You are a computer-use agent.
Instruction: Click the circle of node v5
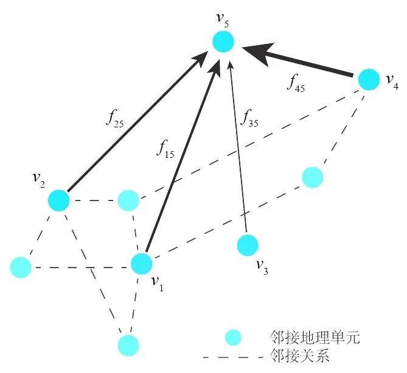tap(223, 42)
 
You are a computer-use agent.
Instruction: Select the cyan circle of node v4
tap(368, 79)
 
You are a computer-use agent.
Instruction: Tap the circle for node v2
tap(59, 200)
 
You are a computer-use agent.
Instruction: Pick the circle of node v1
tap(141, 264)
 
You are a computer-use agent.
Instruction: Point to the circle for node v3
tap(247, 244)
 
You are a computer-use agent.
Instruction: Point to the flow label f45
tap(296, 83)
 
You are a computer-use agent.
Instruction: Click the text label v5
tap(223, 16)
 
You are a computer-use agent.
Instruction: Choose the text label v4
tap(392, 83)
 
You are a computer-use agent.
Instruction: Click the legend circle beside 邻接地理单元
tap(232, 337)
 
